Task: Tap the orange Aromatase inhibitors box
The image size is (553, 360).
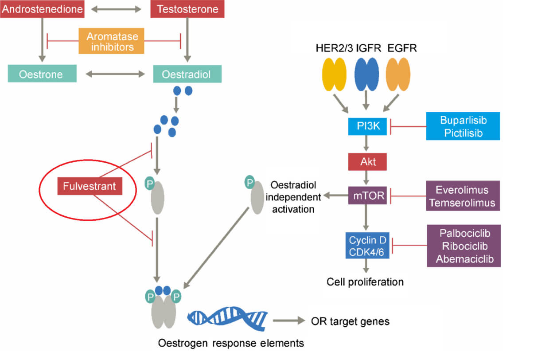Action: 112,41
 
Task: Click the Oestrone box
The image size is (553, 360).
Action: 42,74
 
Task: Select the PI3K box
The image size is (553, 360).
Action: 367,127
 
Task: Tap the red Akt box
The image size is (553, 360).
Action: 367,161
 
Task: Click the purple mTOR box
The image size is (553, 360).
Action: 367,195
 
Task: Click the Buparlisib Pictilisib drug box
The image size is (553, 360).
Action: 463,126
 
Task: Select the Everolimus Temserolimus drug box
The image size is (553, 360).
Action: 463,196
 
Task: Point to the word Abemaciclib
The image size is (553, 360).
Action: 464,259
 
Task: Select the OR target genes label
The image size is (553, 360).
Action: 350,321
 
